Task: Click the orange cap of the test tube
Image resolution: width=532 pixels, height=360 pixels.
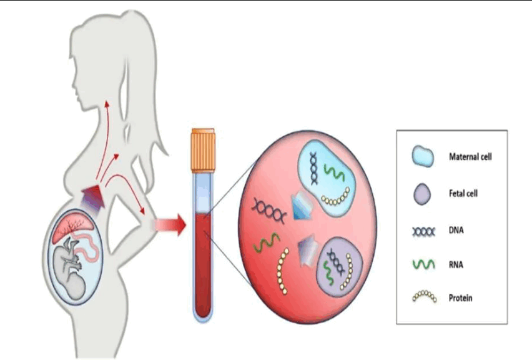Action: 203,151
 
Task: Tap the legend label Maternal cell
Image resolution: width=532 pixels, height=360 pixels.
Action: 470,157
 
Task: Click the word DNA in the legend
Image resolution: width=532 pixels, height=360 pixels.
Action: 456,230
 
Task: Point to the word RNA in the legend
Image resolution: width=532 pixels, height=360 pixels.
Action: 456,265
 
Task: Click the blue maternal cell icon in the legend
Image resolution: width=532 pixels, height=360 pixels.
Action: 422,157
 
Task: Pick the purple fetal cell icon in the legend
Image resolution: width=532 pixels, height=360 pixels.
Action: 422,194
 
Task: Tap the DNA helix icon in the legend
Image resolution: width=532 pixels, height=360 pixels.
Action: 423,231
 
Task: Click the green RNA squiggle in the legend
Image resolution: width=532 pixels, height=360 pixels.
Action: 423,266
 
